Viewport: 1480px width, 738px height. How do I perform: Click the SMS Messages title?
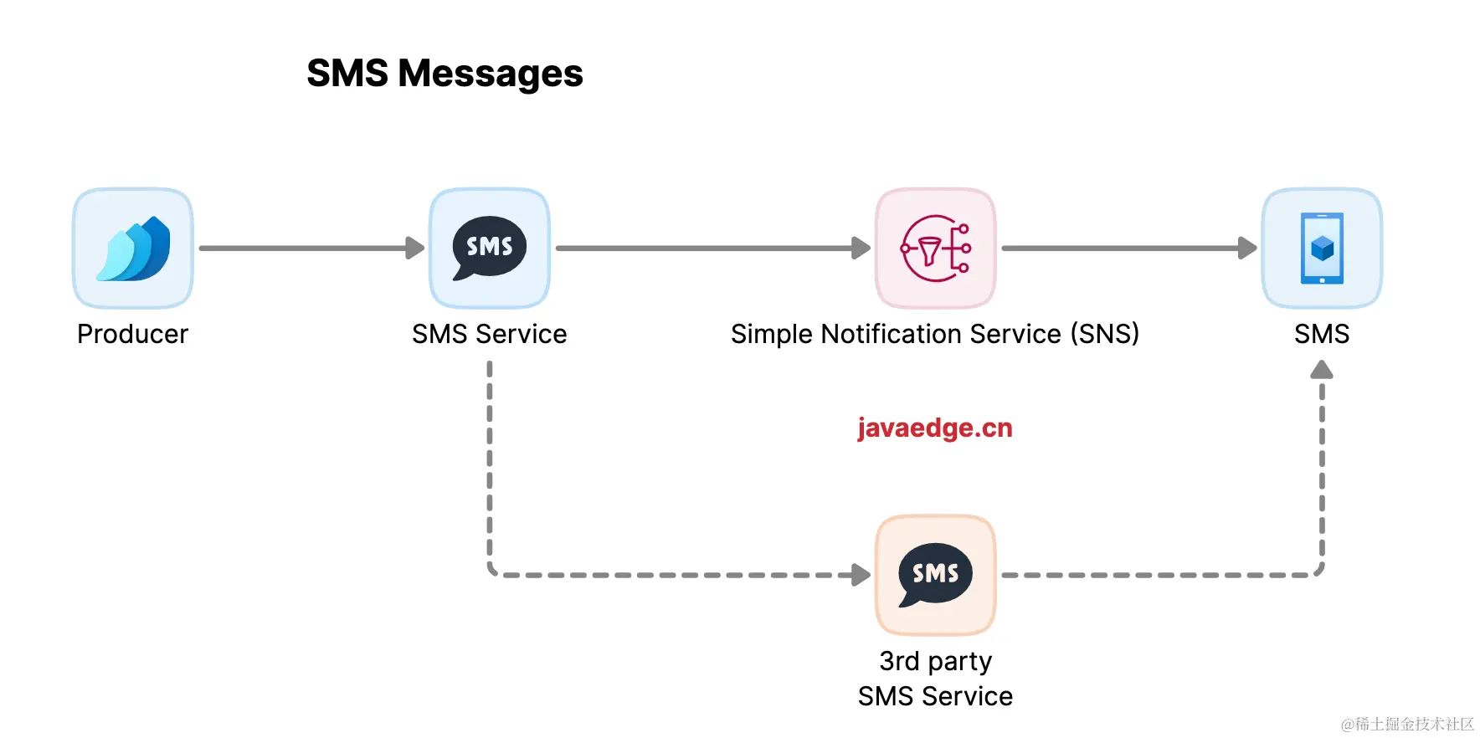pyautogui.click(x=445, y=74)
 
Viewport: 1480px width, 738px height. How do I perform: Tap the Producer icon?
pyautogui.click(x=133, y=249)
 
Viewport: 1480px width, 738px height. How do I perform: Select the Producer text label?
pyautogui.click(x=133, y=334)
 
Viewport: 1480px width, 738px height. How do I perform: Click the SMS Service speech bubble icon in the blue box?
pyautogui.click(x=490, y=249)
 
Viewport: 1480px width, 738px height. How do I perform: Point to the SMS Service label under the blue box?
pyautogui.click(x=490, y=334)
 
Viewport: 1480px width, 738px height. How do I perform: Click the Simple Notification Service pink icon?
pyautogui.click(x=935, y=249)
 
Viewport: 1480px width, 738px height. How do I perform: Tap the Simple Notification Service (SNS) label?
pyautogui.click(x=935, y=334)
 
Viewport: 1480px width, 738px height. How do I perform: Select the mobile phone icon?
pyautogui.click(x=1322, y=249)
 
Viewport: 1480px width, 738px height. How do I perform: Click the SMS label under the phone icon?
pyautogui.click(x=1322, y=334)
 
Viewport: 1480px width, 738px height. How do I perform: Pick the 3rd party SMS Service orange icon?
pyautogui.click(x=935, y=575)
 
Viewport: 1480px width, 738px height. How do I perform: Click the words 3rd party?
pyautogui.click(x=935, y=661)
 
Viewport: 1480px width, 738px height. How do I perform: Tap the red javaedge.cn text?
pyautogui.click(x=935, y=428)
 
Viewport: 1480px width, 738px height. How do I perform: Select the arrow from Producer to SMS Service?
pyautogui.click(x=310, y=248)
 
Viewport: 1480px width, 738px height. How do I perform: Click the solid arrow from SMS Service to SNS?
pyautogui.click(x=712, y=248)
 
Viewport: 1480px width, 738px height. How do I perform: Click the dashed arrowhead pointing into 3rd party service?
pyautogui.click(x=861, y=575)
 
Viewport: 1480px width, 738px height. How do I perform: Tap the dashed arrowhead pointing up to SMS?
pyautogui.click(x=1322, y=370)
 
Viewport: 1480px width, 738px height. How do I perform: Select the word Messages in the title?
pyautogui.click(x=491, y=74)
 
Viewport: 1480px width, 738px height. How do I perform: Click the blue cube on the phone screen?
pyautogui.click(x=1322, y=248)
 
